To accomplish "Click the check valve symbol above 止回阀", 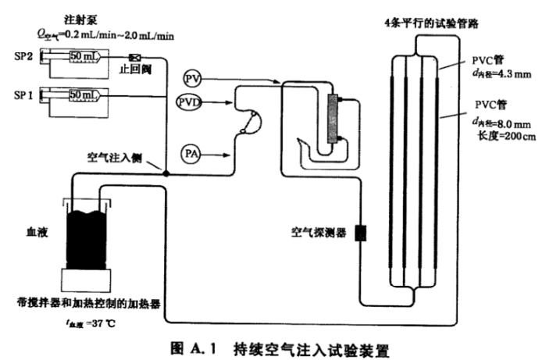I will pyautogui.click(x=134, y=58).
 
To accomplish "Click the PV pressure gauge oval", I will pyautogui.click(x=193, y=78).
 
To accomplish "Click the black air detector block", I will pyautogui.click(x=361, y=233).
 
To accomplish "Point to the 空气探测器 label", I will pyautogui.click(x=318, y=233).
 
